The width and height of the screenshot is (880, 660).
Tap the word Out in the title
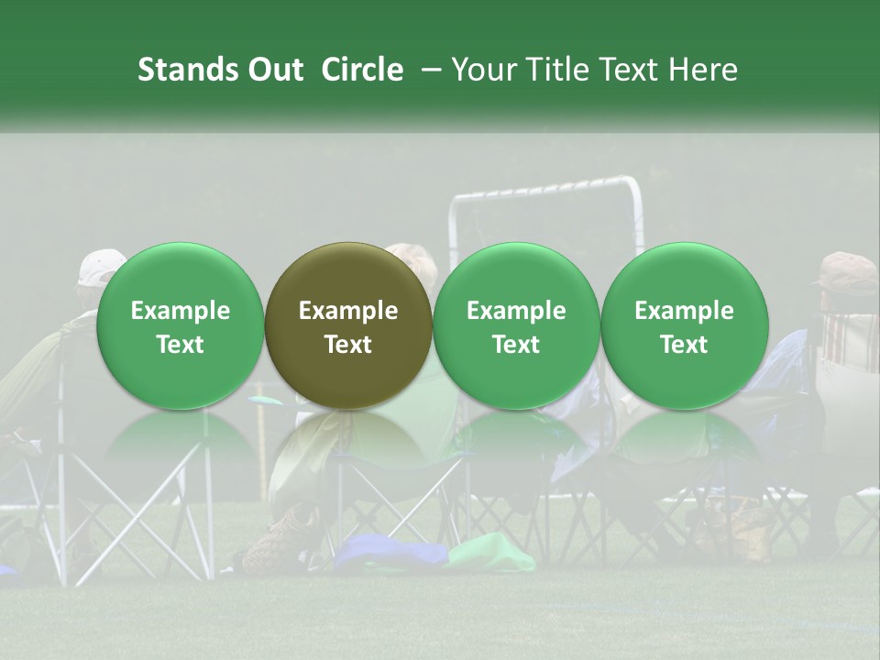tap(272, 70)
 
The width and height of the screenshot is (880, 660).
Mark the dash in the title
tap(427, 71)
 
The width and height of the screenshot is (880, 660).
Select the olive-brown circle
tap(348, 325)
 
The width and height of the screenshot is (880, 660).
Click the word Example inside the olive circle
tap(348, 311)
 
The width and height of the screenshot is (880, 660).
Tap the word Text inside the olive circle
tap(348, 345)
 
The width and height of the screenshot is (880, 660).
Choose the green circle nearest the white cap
tap(181, 325)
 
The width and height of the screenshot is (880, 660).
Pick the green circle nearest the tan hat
tap(685, 325)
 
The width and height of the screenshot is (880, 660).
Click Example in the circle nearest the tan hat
tap(685, 311)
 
